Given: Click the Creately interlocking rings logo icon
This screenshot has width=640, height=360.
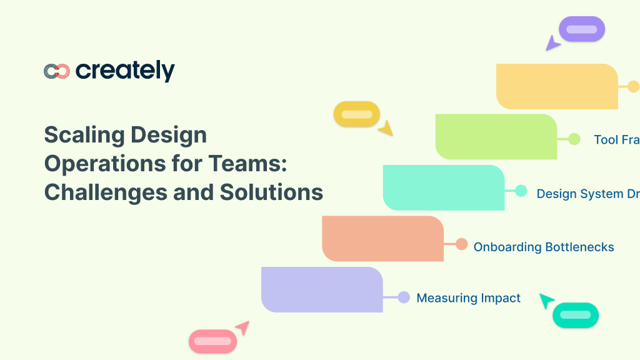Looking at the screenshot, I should tap(56, 71).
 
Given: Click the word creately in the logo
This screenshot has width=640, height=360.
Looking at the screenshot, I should tap(125, 71).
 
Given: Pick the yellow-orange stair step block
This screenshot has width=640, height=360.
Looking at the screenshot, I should tap(556, 86).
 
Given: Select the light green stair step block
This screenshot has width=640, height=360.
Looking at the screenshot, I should tap(496, 137).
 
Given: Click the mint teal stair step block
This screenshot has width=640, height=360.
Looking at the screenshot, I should tap(443, 187).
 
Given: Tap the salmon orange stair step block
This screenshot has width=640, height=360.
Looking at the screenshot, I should tap(382, 238).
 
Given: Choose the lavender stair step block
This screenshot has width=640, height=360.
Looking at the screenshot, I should tap(322, 289).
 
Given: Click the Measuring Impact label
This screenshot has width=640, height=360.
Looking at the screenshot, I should tap(468, 298).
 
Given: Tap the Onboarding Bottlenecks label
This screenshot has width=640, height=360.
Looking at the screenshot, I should tap(543, 247).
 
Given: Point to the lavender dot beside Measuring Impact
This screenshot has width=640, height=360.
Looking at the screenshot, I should tap(404, 297).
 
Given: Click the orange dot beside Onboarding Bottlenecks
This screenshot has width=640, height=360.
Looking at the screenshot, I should tap(461, 244).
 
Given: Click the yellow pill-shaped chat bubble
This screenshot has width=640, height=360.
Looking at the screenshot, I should tap(356, 114).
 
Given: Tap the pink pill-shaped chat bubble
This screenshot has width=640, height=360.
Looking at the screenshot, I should tap(212, 341).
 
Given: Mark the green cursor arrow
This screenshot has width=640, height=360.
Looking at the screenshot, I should tap(546, 301).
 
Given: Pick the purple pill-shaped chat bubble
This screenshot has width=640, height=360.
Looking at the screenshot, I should tap(581, 29).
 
